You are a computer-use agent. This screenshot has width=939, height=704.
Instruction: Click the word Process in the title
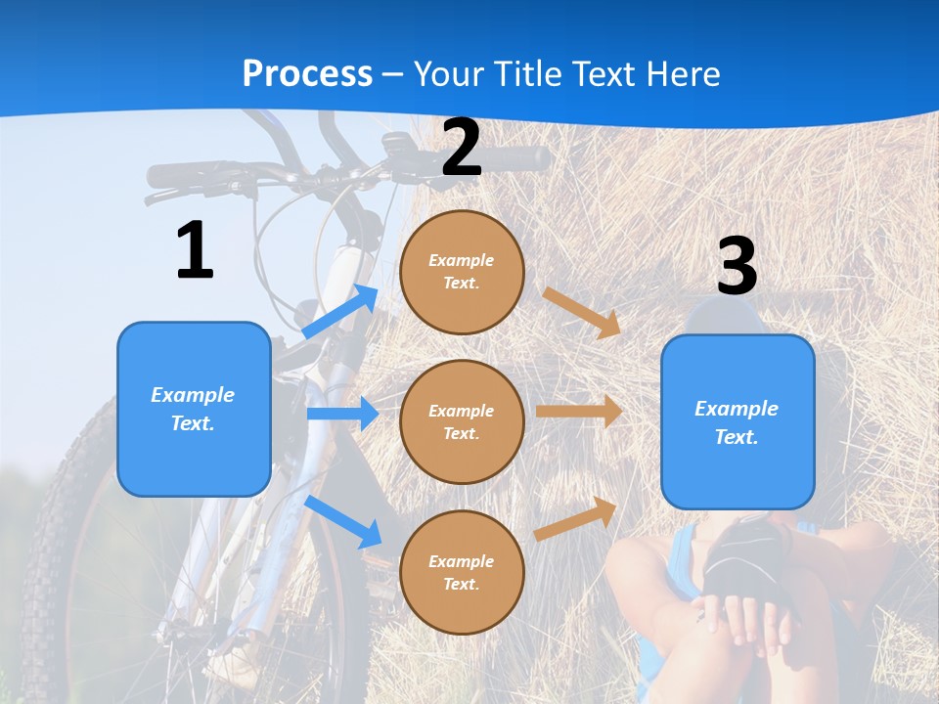pyautogui.click(x=307, y=73)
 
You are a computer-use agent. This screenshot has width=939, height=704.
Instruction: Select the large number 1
pyautogui.click(x=195, y=251)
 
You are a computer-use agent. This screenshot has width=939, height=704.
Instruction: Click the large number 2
pyautogui.click(x=462, y=149)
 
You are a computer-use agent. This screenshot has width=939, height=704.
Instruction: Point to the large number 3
pyautogui.click(x=737, y=266)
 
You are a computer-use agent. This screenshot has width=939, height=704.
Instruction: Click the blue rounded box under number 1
pyautogui.click(x=194, y=409)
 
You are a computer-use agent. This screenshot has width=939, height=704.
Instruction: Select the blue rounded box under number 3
pyautogui.click(x=738, y=421)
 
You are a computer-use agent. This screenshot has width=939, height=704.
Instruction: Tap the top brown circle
pyautogui.click(x=462, y=272)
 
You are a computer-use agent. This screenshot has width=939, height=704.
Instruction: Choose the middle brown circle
pyautogui.click(x=462, y=421)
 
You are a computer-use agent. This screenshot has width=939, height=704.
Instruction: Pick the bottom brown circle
pyautogui.click(x=462, y=572)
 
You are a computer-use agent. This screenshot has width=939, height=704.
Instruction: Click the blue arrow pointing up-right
pyautogui.click(x=340, y=312)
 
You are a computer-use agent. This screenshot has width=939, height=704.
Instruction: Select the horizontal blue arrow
pyautogui.click(x=342, y=414)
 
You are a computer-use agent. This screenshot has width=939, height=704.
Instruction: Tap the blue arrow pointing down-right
pyautogui.click(x=343, y=521)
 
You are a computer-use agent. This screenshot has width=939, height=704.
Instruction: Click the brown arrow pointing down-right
pyautogui.click(x=583, y=312)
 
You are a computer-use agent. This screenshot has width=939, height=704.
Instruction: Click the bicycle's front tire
pyautogui.click(x=59, y=548)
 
